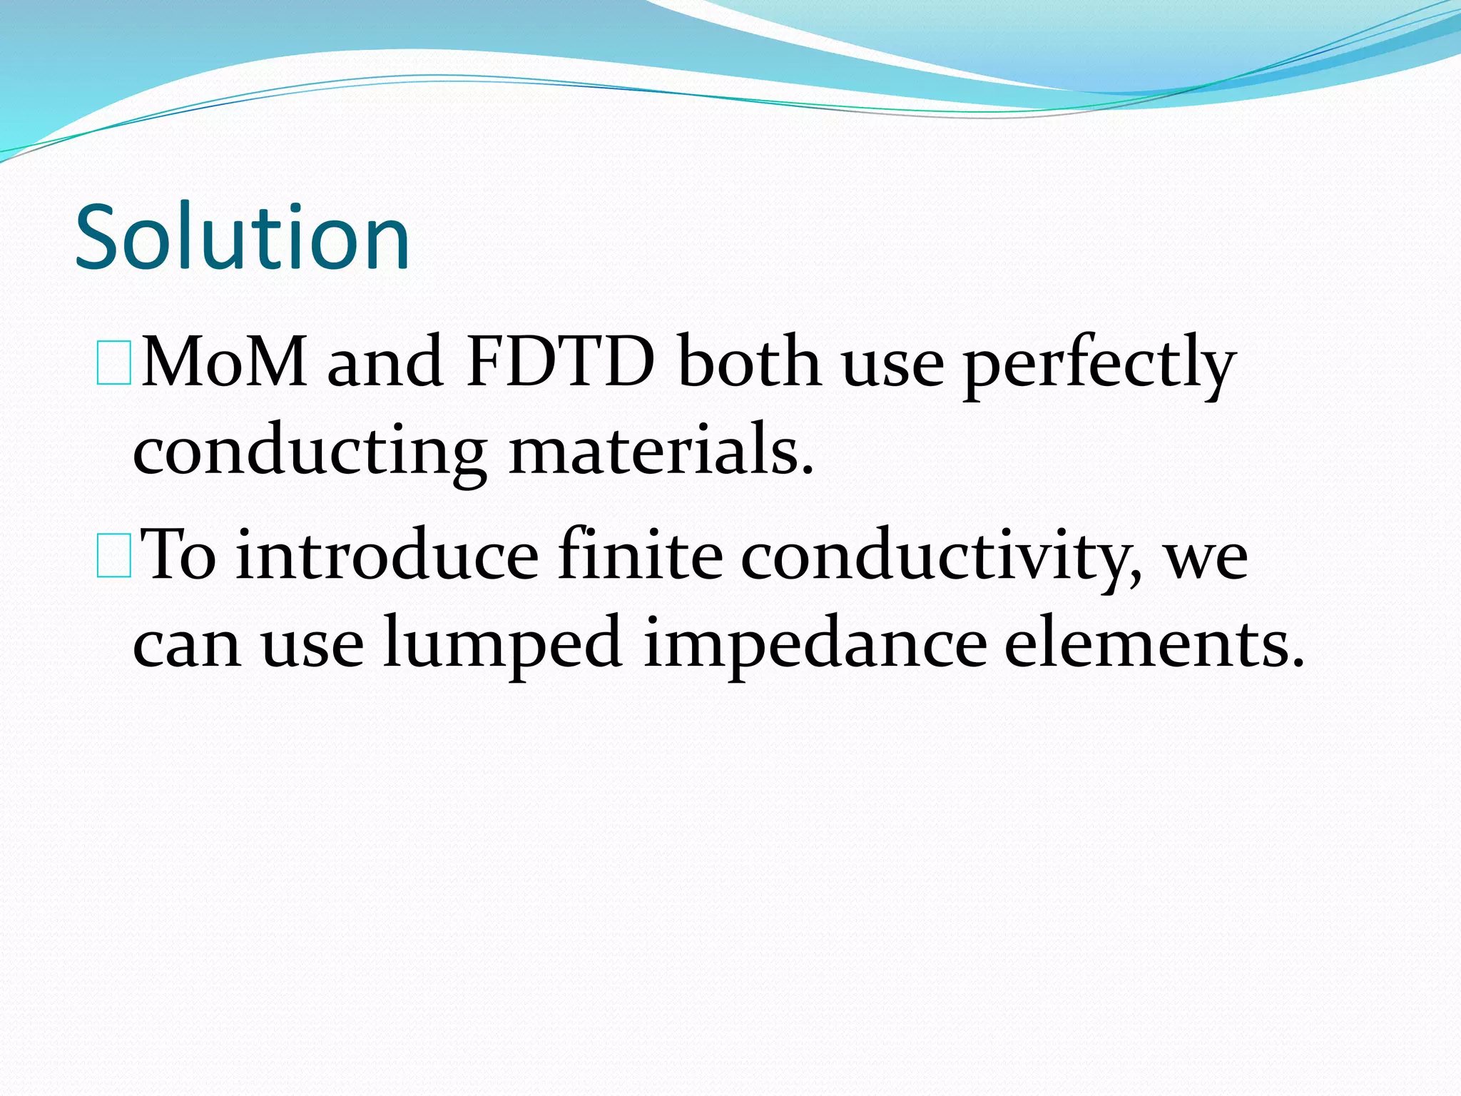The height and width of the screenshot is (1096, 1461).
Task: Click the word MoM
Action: coord(224,362)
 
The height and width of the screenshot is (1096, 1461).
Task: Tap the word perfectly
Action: coord(1099,365)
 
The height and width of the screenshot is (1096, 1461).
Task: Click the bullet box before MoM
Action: coord(113,363)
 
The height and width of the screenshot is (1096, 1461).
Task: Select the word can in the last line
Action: coord(187,646)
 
